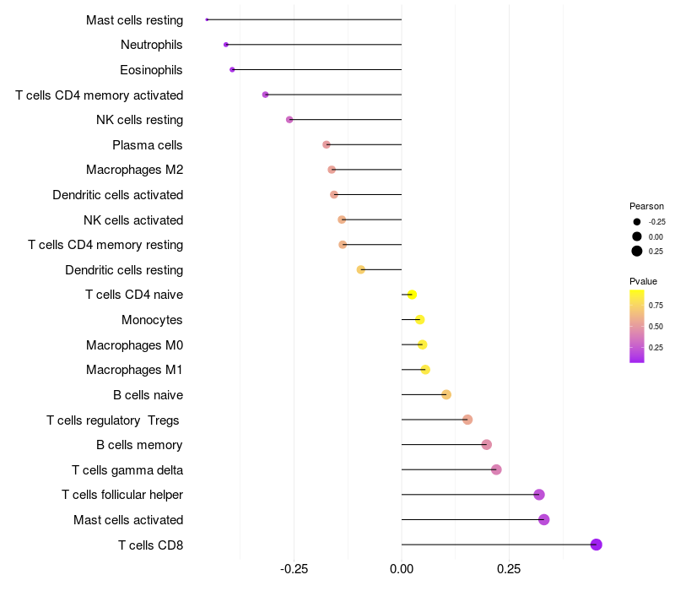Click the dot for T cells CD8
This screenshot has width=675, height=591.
click(597, 545)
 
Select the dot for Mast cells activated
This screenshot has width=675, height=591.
click(544, 519)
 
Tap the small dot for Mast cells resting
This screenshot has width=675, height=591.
click(207, 19)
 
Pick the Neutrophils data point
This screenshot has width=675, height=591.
click(226, 44)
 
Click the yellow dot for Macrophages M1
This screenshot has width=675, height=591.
click(425, 370)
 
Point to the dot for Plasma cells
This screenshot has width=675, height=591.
click(327, 144)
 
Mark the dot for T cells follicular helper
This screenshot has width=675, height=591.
click(539, 495)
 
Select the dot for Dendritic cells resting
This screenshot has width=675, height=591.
click(361, 270)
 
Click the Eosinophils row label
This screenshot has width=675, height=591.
click(151, 69)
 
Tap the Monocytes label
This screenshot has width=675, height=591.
click(152, 320)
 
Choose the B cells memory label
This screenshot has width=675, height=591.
click(139, 445)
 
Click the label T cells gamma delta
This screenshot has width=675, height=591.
click(127, 470)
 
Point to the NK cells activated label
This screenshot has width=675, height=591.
click(133, 220)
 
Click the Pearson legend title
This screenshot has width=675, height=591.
click(646, 206)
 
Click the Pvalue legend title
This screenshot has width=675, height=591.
click(643, 281)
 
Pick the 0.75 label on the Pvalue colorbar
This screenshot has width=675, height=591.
click(656, 305)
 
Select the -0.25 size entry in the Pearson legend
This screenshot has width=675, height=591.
click(656, 221)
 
